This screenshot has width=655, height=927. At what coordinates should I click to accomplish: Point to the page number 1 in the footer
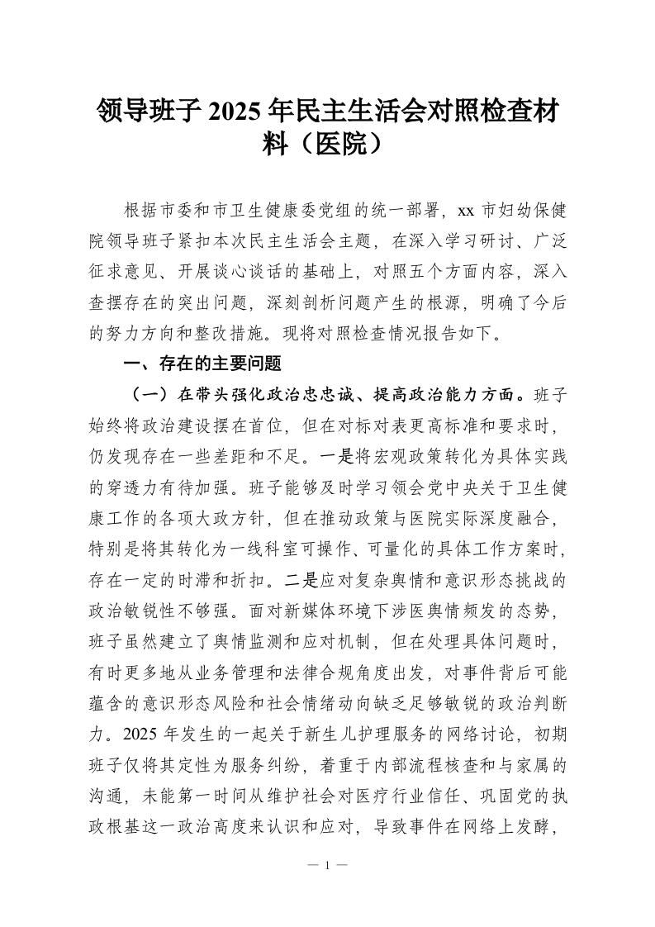[327, 868]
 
